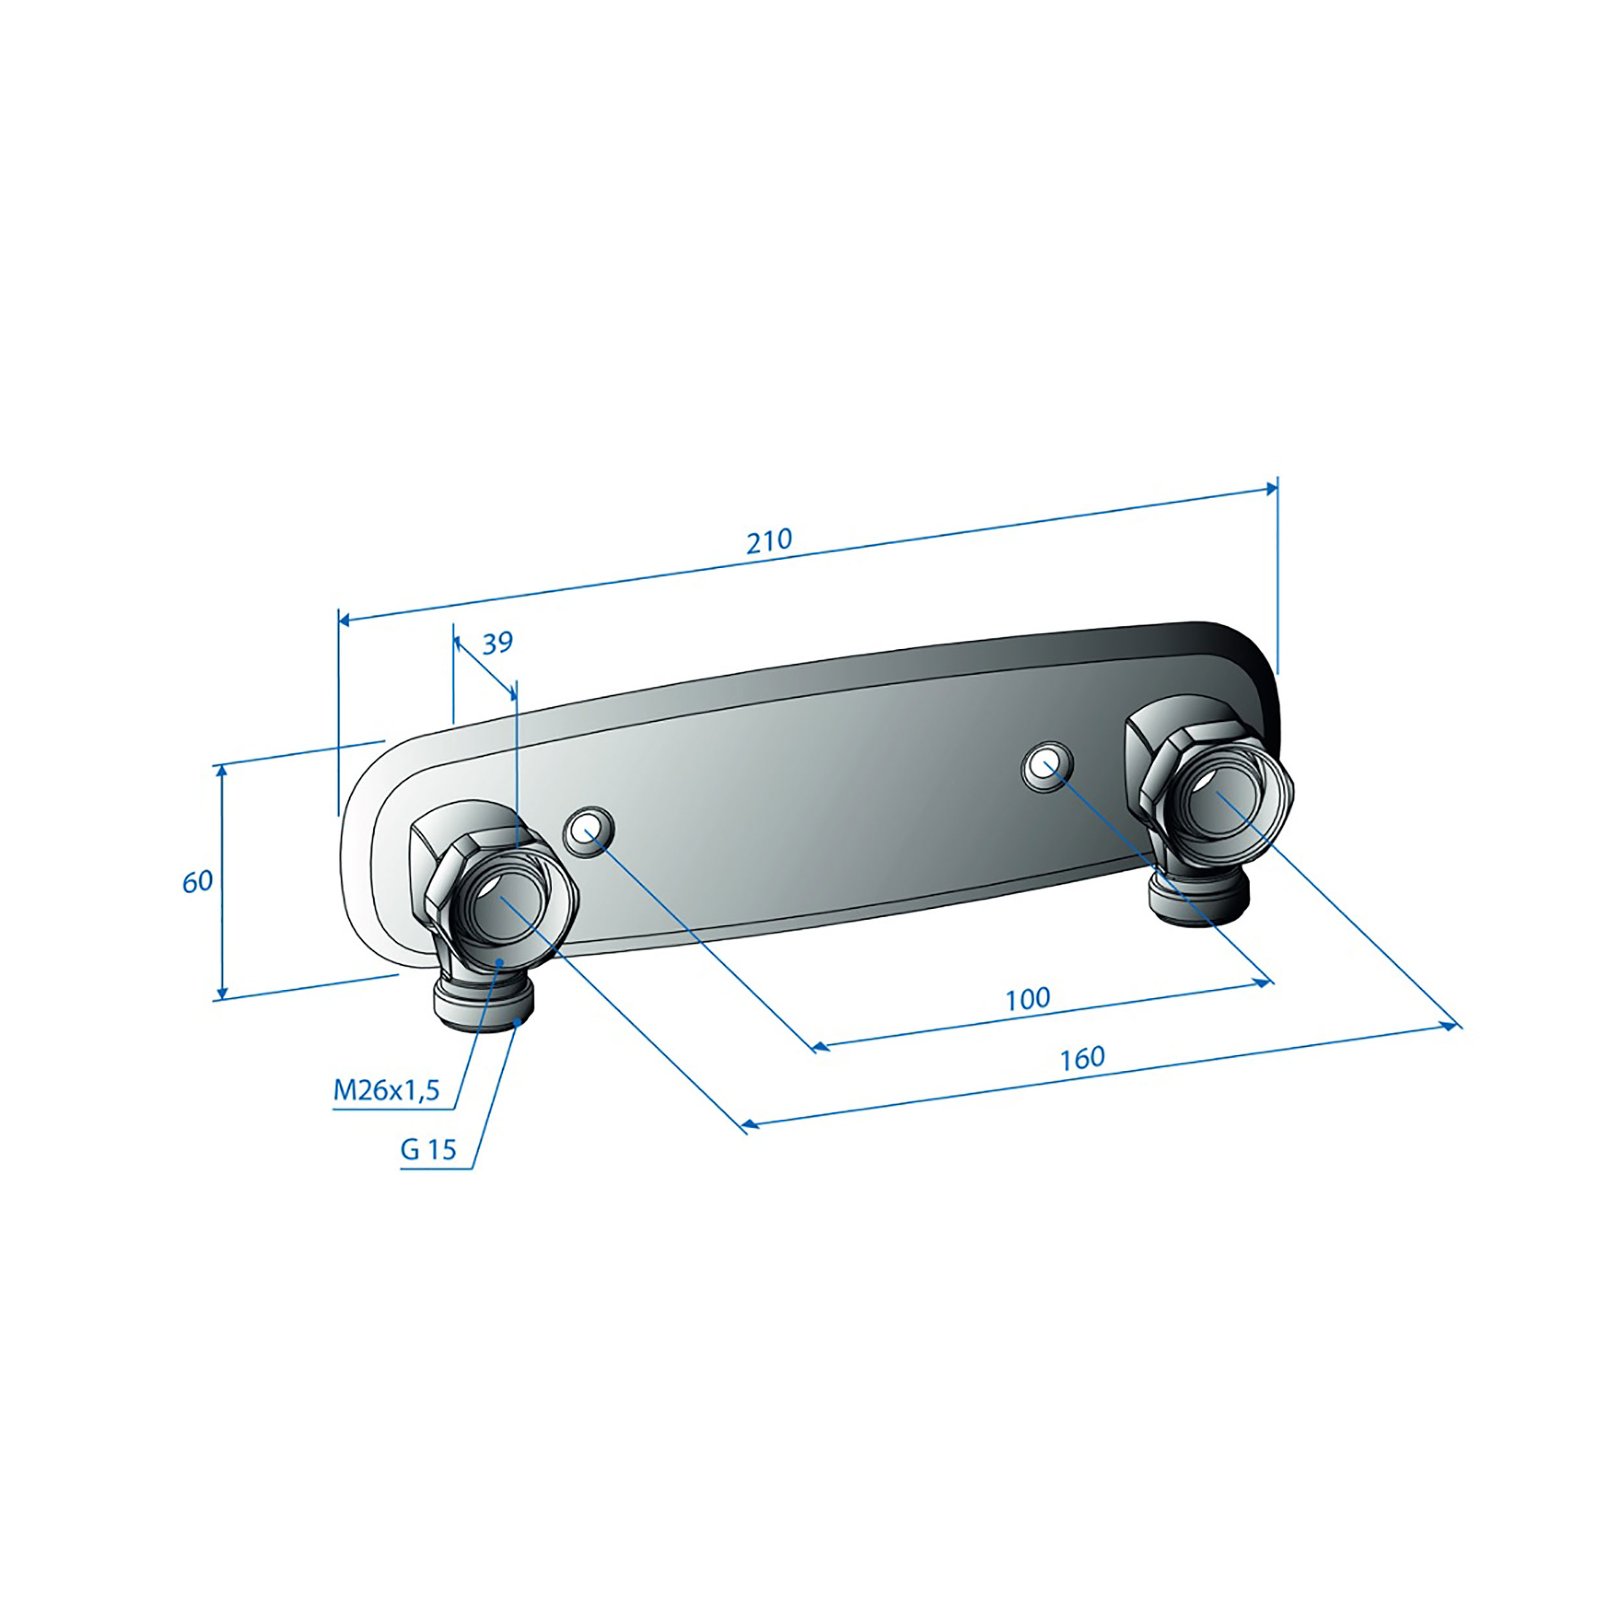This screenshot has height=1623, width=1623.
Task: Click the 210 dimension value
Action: click(769, 540)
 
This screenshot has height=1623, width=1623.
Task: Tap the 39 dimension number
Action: click(497, 643)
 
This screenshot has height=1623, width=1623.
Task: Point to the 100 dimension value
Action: click(1028, 999)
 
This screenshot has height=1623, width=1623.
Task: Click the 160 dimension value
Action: click(1082, 1058)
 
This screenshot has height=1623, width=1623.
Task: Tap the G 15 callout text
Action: click(428, 1148)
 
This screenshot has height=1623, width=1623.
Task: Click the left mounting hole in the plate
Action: click(588, 831)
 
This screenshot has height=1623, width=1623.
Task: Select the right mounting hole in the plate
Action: click(1047, 765)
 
